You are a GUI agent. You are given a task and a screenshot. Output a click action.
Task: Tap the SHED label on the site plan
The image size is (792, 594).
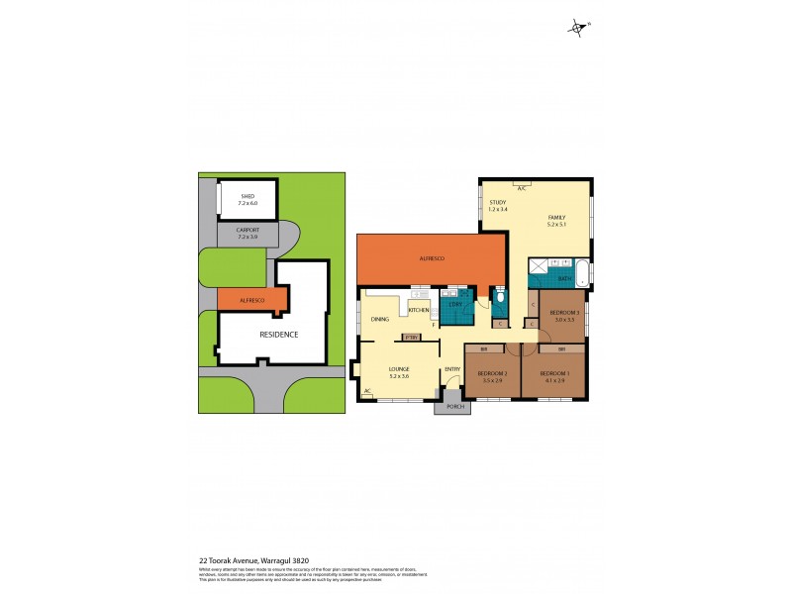247,196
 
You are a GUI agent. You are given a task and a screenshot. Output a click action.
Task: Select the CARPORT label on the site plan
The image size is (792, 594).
247,230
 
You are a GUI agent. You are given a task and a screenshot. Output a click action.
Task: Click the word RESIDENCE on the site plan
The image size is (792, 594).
278,334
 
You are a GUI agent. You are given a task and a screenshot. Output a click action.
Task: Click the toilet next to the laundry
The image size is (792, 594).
502,297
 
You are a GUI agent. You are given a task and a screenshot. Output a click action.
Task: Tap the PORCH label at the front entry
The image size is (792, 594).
455,406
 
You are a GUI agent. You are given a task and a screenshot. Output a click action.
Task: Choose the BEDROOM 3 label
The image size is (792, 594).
563,313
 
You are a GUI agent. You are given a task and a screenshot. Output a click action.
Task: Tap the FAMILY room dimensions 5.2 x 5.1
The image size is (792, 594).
557,225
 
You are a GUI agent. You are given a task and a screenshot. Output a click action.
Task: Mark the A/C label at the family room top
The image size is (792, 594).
520,184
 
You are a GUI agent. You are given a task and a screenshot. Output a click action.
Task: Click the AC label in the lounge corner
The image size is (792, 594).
366,391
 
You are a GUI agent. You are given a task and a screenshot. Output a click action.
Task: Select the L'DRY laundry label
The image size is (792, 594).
454,304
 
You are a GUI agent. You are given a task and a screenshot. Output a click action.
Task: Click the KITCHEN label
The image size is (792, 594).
418,311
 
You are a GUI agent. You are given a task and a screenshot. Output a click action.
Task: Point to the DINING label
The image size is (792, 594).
380,320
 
